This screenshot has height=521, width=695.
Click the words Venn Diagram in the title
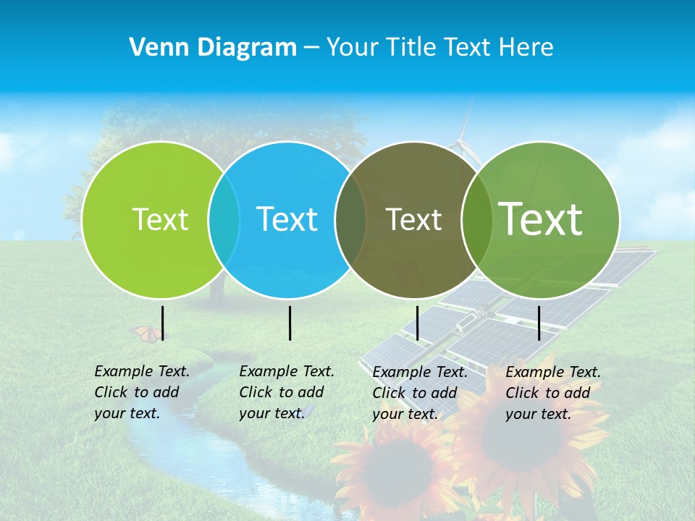[x=213, y=48]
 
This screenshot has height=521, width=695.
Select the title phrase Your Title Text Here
[x=439, y=48]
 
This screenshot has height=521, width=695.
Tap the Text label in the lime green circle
[x=160, y=219]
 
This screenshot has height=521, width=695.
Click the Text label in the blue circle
[x=287, y=219]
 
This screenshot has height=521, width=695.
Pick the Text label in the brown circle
[x=413, y=219]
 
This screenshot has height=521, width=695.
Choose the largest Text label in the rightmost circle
[x=541, y=219]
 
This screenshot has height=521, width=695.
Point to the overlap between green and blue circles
[x=224, y=220]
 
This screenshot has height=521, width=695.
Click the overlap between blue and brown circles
[x=350, y=220]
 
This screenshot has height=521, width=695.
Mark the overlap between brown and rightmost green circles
[x=476, y=220]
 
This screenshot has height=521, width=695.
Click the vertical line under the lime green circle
[x=162, y=323]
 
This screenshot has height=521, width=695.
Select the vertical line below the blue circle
[x=290, y=323]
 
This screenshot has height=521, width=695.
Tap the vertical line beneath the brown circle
[x=417, y=323]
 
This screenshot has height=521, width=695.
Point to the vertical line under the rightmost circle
[x=539, y=323]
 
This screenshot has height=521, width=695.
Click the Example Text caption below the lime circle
[x=141, y=392]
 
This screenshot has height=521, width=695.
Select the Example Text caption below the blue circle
[x=286, y=392]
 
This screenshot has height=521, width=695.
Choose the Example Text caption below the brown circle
[x=419, y=393]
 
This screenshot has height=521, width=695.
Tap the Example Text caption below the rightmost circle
[x=552, y=393]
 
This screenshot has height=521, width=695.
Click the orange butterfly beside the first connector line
[x=147, y=333]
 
